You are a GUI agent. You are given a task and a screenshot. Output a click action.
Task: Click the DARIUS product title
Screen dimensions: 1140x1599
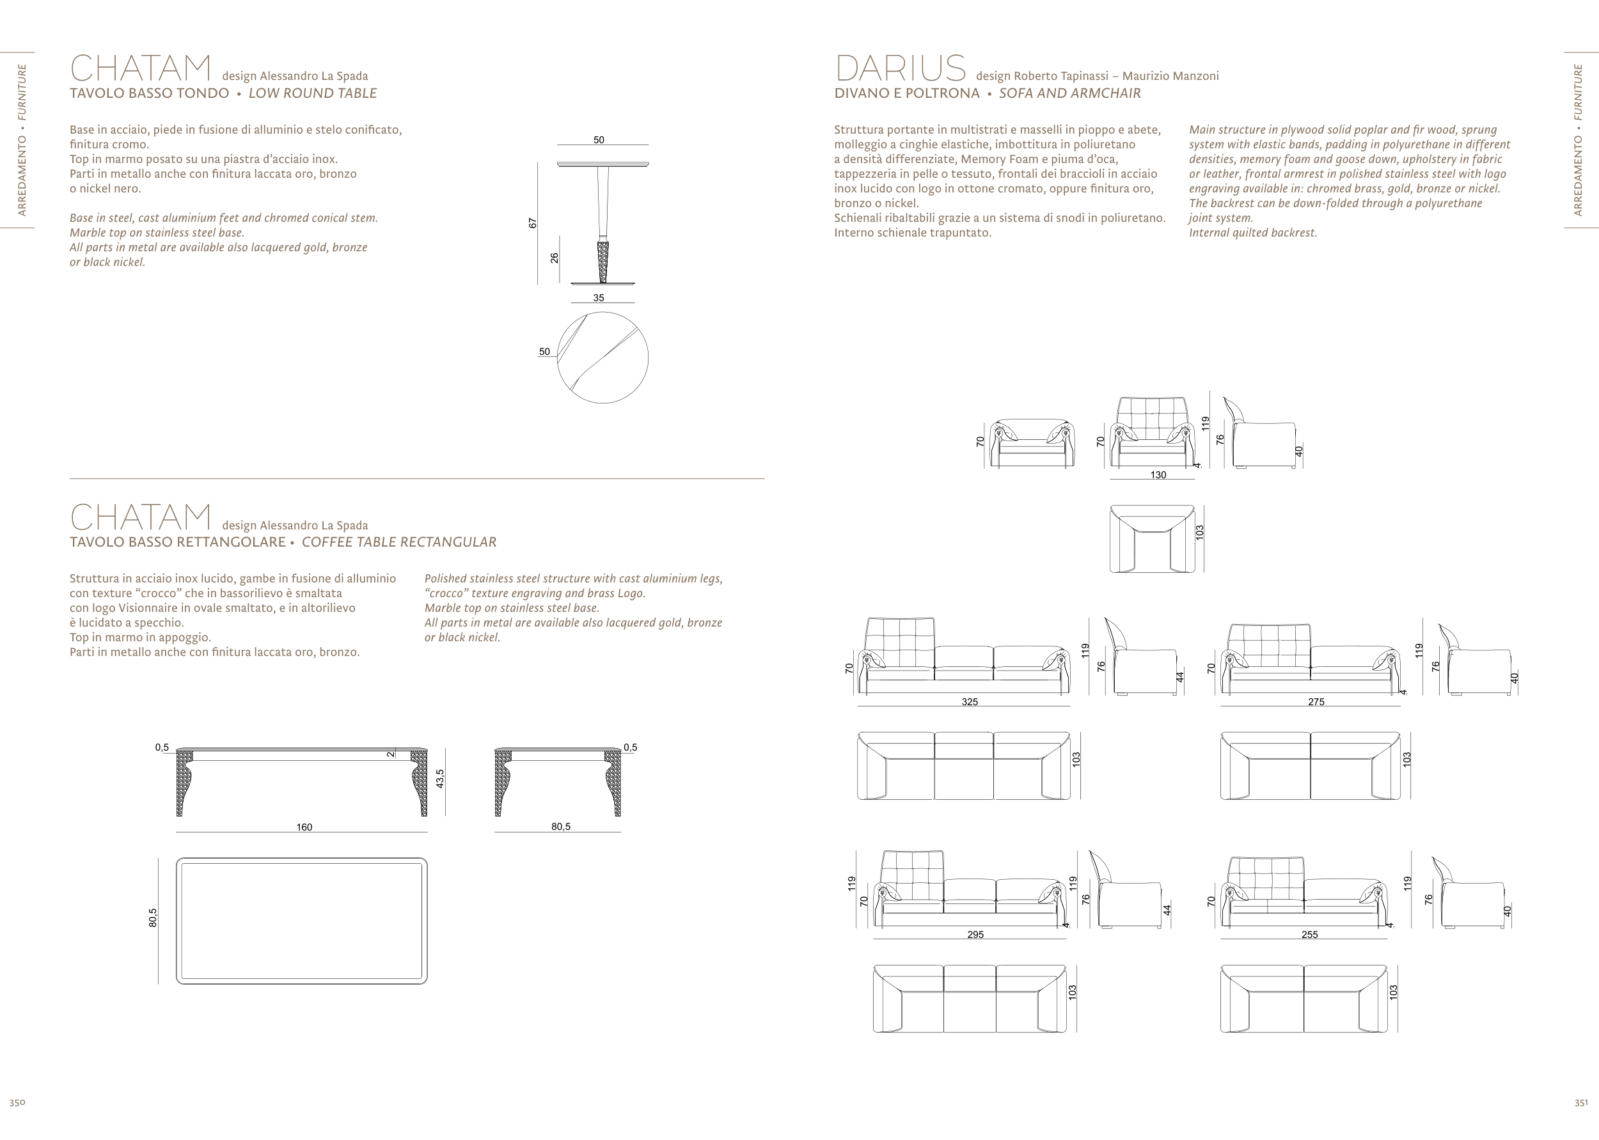point(901,69)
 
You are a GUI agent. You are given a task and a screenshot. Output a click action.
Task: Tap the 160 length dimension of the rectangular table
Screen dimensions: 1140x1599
point(303,827)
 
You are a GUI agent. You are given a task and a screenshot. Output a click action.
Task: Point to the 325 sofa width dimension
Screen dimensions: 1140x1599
point(969,701)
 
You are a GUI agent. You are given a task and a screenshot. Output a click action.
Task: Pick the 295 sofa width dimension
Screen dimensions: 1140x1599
point(975,934)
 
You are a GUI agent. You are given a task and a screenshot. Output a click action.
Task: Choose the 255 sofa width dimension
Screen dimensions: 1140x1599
point(1309,934)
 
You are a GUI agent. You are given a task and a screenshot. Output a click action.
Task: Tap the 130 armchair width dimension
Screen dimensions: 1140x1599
point(1158,475)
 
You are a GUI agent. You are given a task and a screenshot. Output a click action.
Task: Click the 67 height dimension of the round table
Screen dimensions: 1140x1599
point(533,223)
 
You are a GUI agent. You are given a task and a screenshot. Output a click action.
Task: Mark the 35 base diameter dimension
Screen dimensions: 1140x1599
point(598,298)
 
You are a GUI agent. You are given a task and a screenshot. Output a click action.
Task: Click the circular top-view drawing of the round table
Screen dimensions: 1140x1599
point(603,358)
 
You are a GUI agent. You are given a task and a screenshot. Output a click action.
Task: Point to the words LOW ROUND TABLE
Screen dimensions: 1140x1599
point(313,93)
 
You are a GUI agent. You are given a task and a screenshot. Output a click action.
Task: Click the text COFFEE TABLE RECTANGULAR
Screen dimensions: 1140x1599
point(399,542)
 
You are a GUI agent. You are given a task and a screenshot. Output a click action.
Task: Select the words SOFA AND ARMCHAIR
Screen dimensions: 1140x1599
point(1069,93)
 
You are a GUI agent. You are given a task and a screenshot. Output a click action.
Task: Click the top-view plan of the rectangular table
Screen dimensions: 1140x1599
point(301,921)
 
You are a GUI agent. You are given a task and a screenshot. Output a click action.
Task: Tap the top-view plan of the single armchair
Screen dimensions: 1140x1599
point(1152,539)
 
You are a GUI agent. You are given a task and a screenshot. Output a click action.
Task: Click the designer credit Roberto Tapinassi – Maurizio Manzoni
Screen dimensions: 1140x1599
point(1097,76)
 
